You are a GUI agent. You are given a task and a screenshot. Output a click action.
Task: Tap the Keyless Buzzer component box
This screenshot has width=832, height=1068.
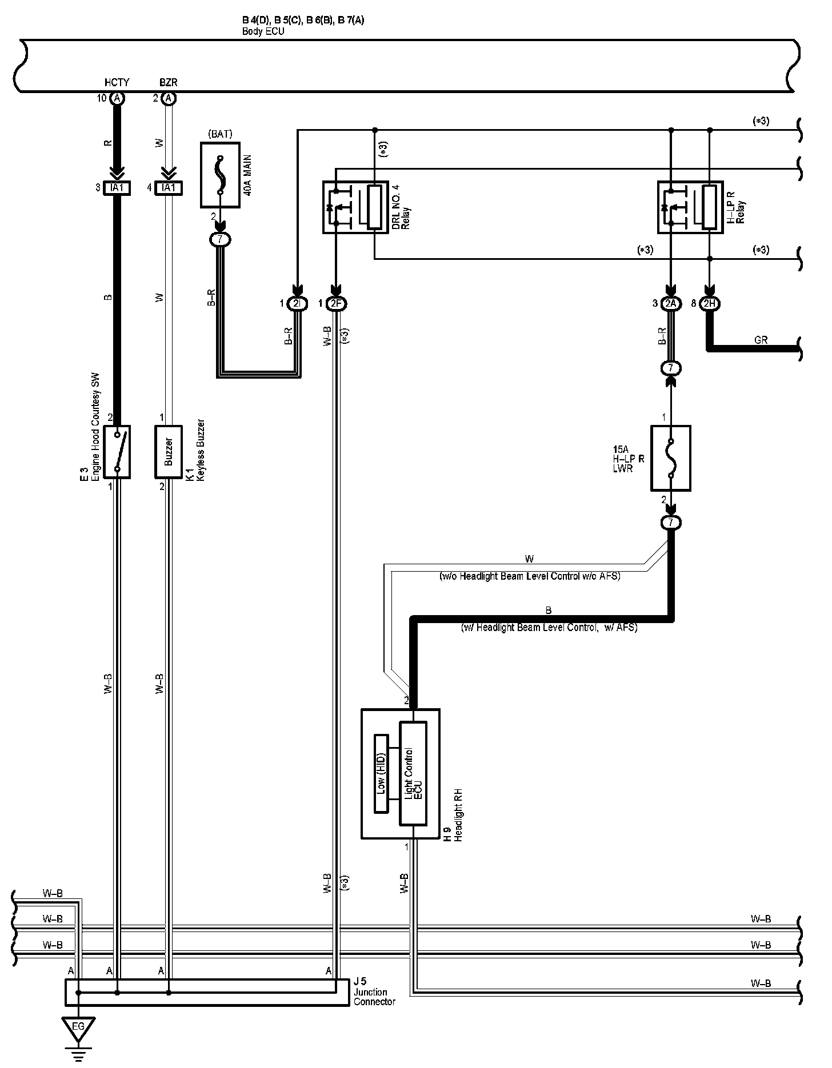click(169, 451)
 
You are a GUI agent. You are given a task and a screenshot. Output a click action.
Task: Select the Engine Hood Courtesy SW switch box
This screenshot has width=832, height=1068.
click(117, 451)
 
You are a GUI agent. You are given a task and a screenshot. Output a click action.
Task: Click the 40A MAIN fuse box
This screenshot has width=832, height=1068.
click(220, 175)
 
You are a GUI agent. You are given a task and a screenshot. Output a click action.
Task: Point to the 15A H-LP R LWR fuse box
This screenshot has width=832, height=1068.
click(670, 457)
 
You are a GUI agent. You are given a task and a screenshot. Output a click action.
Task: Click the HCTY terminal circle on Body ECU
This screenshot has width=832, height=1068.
click(117, 98)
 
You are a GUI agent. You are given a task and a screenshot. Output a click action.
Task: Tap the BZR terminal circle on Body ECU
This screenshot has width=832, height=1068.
click(168, 98)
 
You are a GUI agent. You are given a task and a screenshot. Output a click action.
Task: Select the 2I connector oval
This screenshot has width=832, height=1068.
click(296, 304)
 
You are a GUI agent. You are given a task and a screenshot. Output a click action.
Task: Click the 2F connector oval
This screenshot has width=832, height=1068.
click(336, 304)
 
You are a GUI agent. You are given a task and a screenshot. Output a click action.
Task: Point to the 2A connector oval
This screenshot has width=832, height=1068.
click(670, 304)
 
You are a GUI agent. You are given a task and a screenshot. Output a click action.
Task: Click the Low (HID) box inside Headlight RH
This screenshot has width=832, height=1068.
click(381, 774)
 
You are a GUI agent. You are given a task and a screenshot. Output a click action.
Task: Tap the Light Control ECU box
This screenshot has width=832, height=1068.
click(413, 774)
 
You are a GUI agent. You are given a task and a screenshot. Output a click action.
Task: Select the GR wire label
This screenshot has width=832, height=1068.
click(761, 340)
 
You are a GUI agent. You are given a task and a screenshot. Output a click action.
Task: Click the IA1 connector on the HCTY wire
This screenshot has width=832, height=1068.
click(117, 187)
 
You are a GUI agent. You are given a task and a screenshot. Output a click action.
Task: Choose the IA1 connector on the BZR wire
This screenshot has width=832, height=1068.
click(169, 187)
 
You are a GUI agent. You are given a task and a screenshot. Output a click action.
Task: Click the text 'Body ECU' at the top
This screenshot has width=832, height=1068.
click(263, 31)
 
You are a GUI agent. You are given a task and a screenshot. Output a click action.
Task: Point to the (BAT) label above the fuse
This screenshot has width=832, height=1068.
click(220, 135)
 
